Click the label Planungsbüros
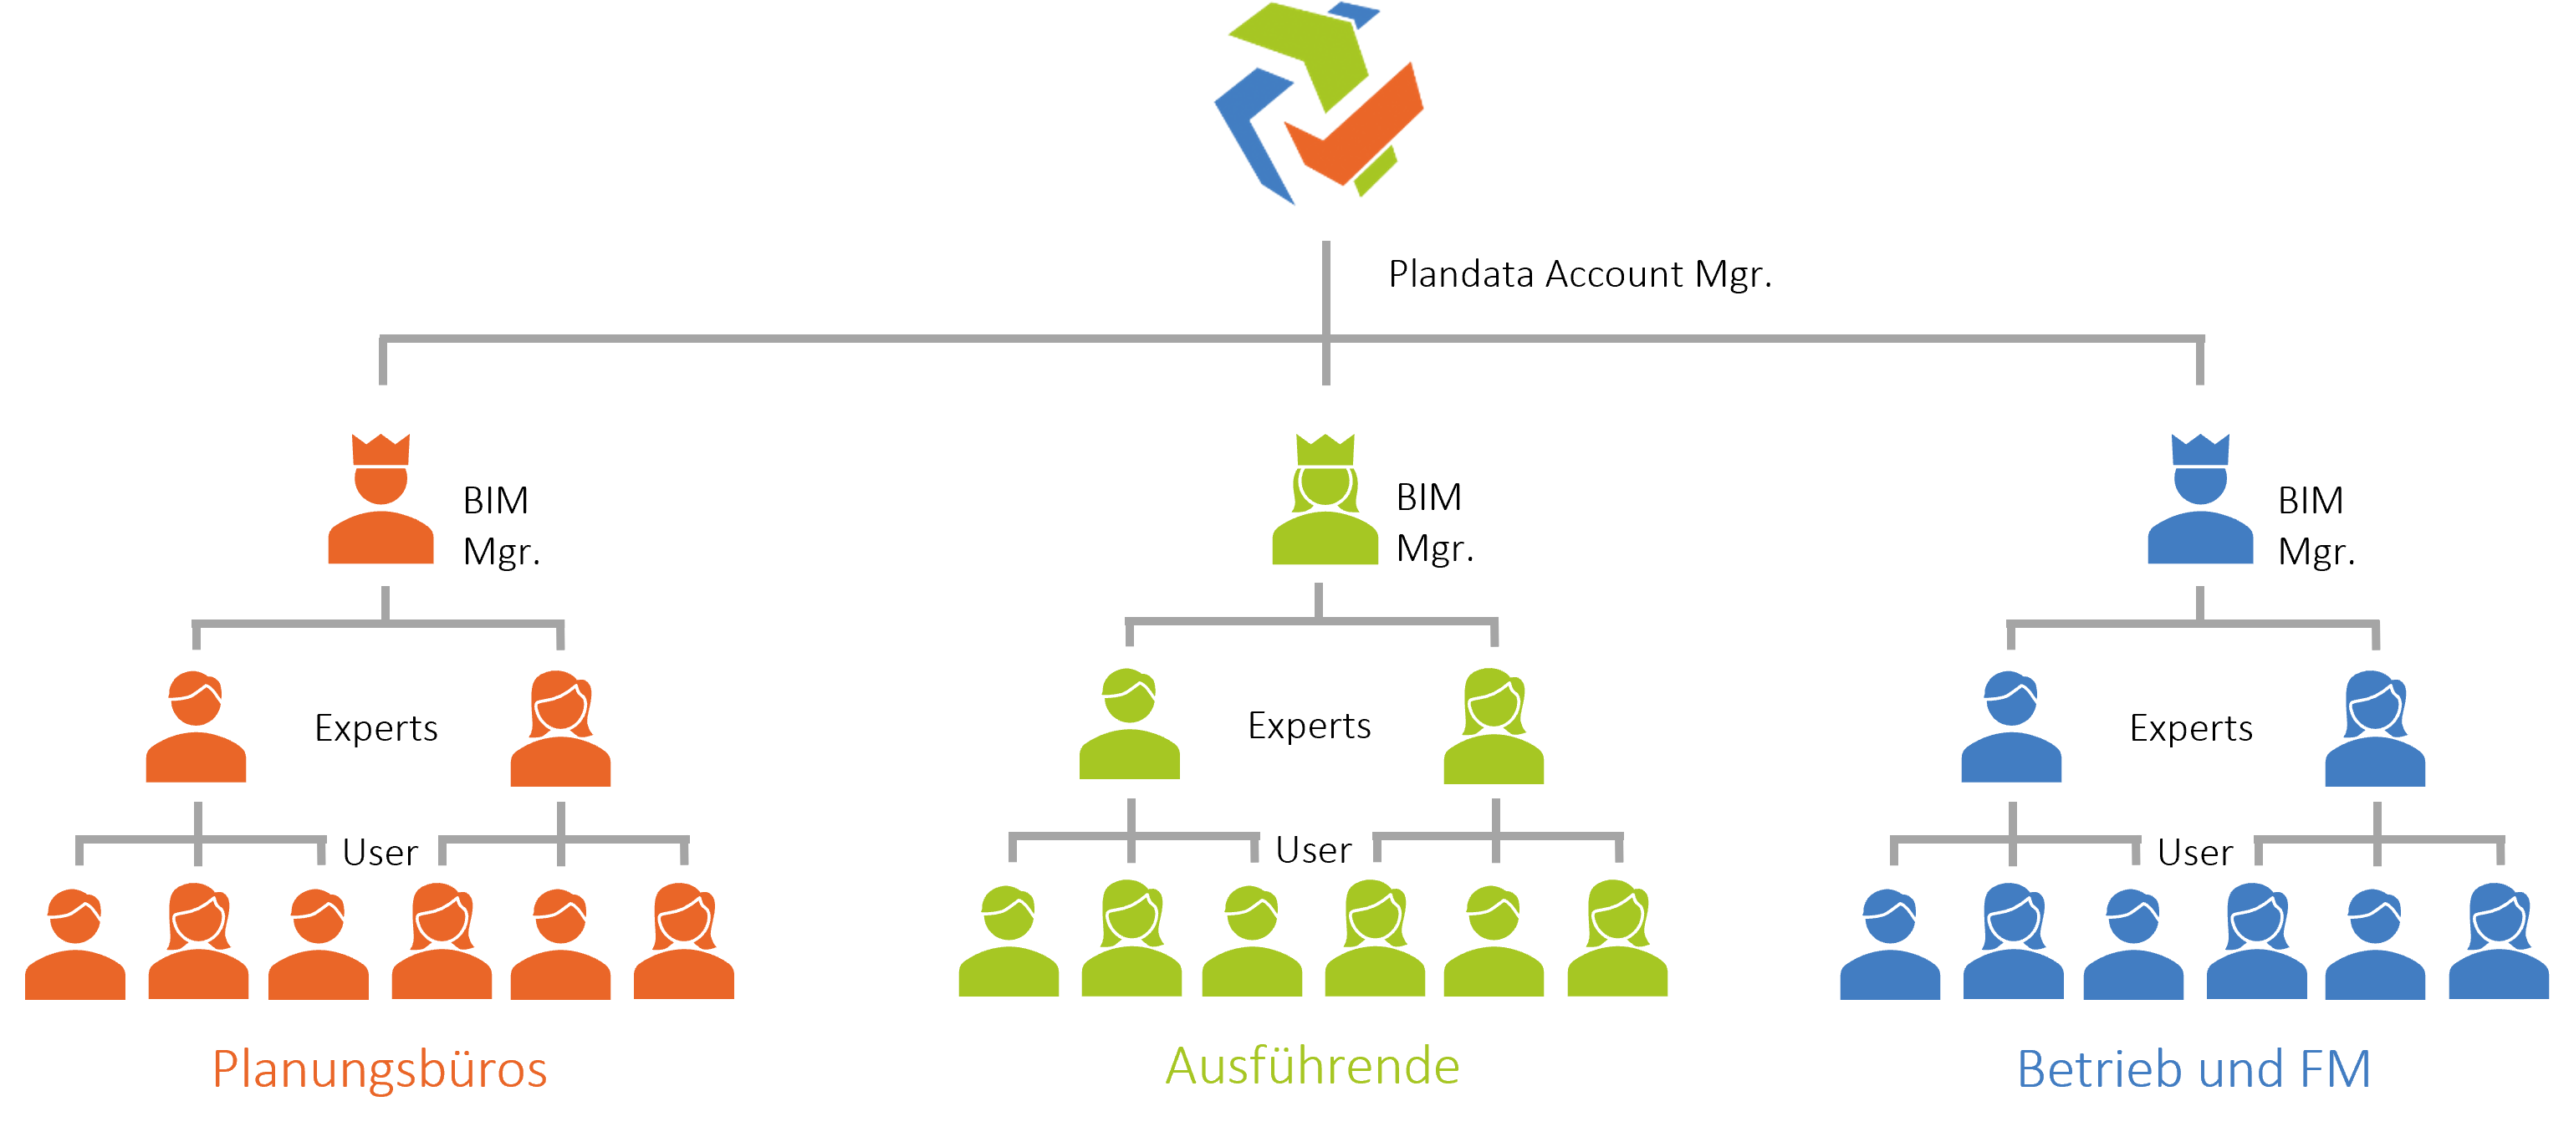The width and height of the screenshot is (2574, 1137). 380,1069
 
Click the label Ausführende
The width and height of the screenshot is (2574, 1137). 1312,1066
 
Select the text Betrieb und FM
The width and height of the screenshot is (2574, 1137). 2194,1069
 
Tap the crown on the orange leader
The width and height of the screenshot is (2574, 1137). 380,449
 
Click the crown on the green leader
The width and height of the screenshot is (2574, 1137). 1325,449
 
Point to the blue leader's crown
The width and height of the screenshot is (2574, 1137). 2200,449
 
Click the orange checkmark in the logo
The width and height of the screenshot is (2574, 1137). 1359,130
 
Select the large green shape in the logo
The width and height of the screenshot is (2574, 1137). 1309,50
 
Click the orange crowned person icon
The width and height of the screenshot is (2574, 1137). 380,519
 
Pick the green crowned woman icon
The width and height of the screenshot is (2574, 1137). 1325,519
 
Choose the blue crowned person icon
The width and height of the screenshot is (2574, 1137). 2200,519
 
